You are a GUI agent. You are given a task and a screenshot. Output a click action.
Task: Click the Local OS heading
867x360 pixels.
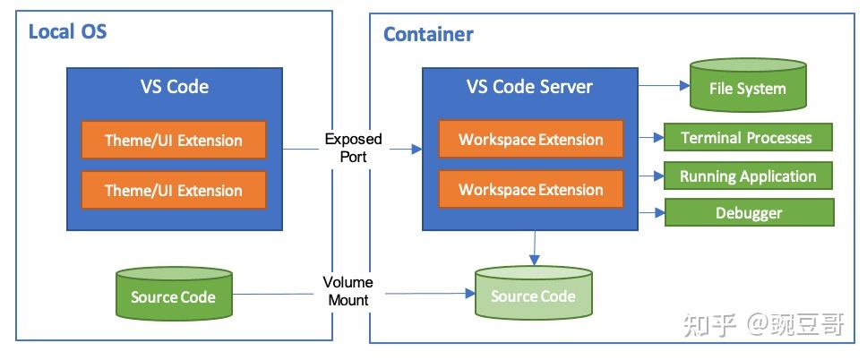[67, 32]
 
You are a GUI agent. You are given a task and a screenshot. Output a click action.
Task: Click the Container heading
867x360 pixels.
[428, 35]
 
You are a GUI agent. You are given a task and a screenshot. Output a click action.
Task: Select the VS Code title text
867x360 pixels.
[175, 86]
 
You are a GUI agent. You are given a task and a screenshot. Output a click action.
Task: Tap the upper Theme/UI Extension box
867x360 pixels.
[174, 140]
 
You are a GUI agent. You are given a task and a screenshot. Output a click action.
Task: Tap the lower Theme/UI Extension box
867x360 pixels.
[174, 190]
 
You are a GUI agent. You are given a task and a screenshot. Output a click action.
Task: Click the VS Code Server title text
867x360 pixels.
[529, 86]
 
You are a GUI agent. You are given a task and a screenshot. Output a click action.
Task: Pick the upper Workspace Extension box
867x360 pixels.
[530, 140]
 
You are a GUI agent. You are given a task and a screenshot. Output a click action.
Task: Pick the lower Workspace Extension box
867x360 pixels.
[530, 190]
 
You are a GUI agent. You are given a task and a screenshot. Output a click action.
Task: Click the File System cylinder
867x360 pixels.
[747, 88]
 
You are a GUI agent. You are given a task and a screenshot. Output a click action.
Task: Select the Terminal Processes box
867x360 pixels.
[747, 138]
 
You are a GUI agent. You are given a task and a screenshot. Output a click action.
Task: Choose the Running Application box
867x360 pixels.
[747, 176]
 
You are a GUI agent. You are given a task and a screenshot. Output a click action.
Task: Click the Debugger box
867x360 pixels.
[749, 213]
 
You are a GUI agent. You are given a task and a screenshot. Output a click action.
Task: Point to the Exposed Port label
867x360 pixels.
[353, 147]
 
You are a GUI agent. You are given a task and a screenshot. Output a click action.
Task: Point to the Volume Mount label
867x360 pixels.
[348, 291]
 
